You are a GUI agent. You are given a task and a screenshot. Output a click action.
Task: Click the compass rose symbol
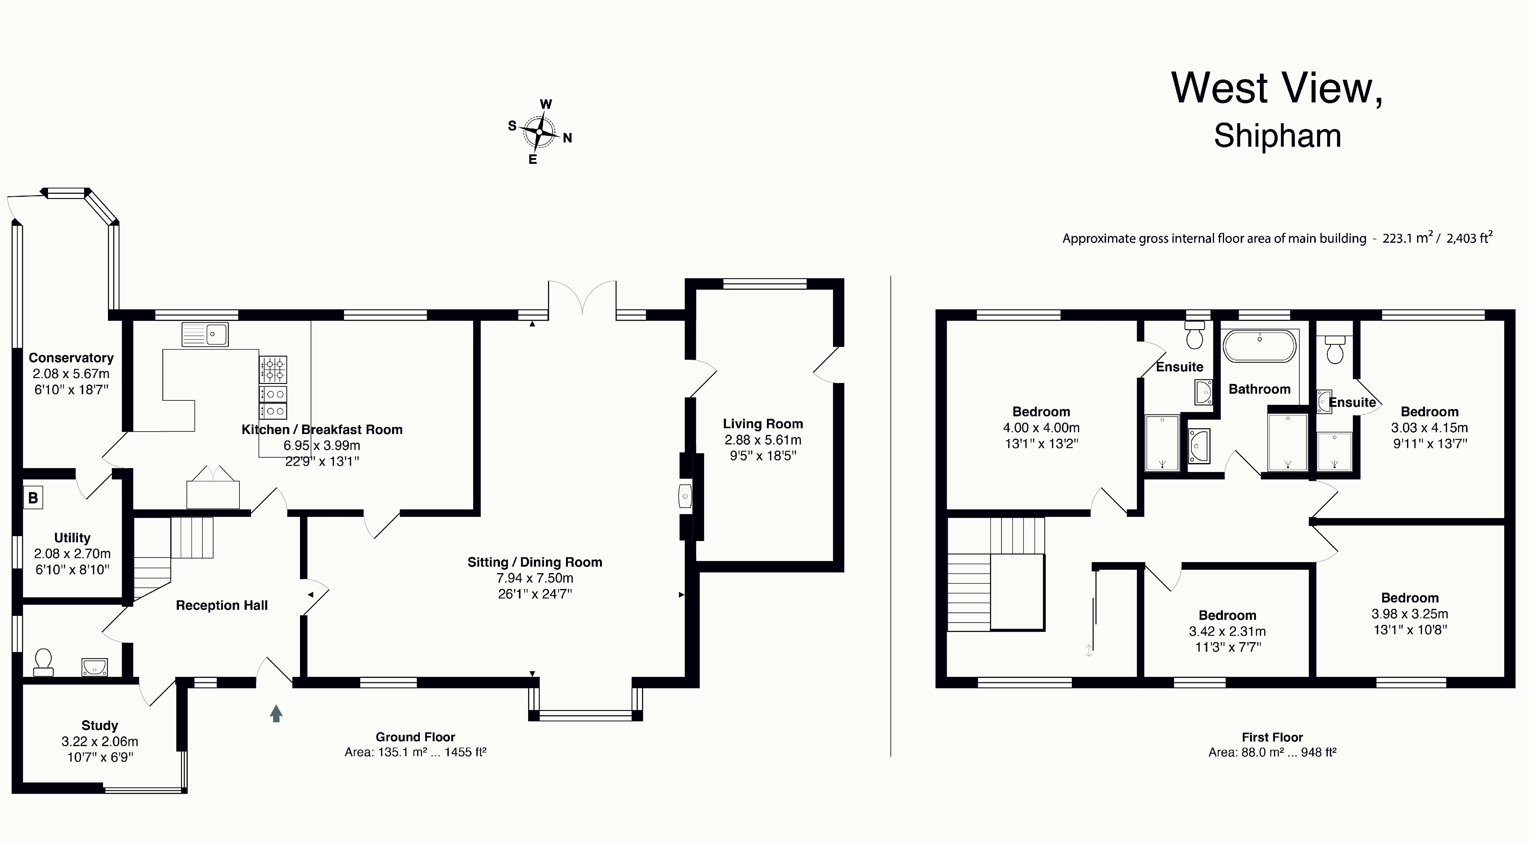tap(539, 132)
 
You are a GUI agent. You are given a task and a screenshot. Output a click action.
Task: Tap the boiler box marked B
tap(33, 498)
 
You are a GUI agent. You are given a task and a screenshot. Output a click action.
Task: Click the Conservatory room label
tap(71, 358)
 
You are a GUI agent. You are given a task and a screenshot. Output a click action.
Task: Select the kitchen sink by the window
tap(205, 334)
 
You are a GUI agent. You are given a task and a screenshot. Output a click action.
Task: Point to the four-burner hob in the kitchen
tap(273, 369)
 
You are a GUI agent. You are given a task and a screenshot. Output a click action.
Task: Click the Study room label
tap(100, 726)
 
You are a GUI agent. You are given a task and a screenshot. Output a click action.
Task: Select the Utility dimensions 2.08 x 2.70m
tap(72, 554)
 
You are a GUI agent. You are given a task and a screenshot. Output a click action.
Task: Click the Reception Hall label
tap(222, 605)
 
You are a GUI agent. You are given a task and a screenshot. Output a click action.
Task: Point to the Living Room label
tap(763, 424)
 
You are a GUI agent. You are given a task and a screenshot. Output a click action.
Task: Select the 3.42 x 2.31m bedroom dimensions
tap(1227, 631)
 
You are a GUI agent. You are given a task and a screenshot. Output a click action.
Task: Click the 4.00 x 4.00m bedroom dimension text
tap(1042, 428)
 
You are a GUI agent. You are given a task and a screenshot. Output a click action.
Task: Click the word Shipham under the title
tap(1277, 136)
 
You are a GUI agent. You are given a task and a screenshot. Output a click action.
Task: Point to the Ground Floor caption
tap(416, 737)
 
